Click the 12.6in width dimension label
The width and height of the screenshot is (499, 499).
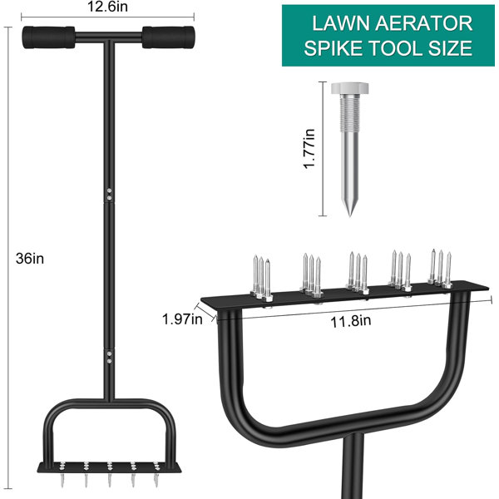[x=107, y=7]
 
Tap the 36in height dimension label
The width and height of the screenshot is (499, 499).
[x=30, y=259]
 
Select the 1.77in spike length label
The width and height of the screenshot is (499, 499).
[x=309, y=149]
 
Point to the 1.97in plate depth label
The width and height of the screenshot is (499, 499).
[x=182, y=319]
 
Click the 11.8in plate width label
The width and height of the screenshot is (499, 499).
[x=350, y=321]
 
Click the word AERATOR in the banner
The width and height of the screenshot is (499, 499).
[x=423, y=23]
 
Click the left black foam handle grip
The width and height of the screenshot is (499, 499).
[x=48, y=37]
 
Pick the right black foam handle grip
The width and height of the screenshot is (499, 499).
[x=168, y=37]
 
